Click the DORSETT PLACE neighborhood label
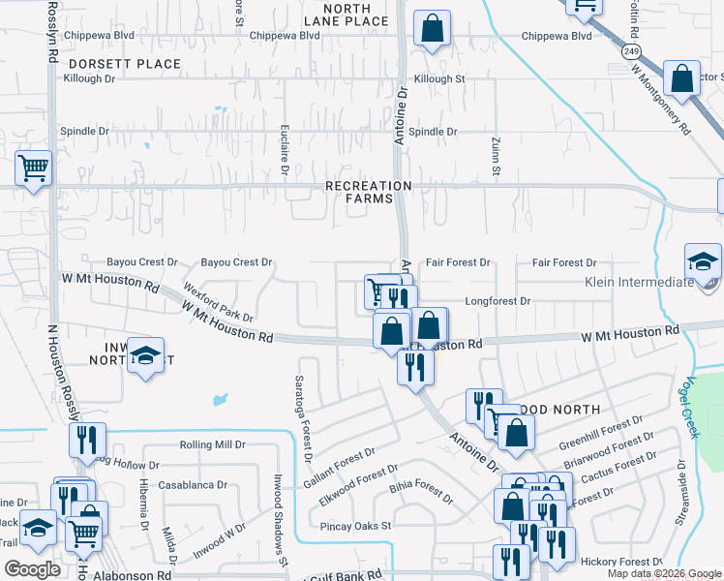pos(123,64)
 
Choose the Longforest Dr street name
pos(498,301)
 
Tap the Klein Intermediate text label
pos(640,283)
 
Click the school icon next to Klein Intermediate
pos(703,261)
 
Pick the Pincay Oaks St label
pos(356,526)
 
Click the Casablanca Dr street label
pos(193,485)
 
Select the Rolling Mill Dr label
pos(212,444)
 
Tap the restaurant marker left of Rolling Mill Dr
pos(87,441)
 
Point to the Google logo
pos(33,569)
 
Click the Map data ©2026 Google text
pos(663,573)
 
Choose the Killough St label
pos(439,78)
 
